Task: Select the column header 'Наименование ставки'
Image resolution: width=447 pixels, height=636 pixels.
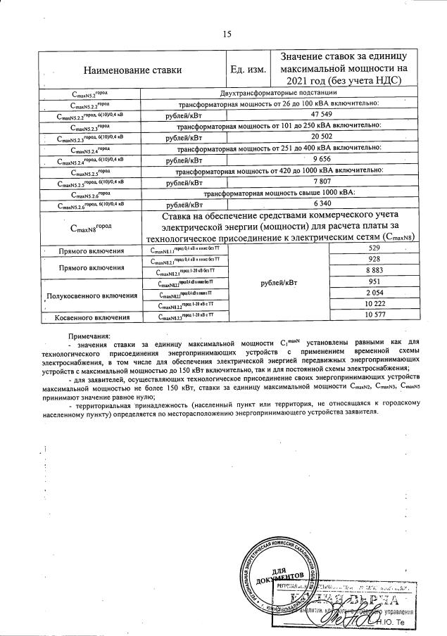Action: click(x=132, y=69)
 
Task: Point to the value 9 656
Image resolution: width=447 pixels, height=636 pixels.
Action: click(x=320, y=160)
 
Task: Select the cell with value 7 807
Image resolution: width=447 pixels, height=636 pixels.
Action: click(x=320, y=183)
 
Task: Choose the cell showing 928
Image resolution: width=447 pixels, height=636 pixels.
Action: click(x=374, y=260)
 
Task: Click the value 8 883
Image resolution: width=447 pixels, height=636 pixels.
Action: click(x=374, y=272)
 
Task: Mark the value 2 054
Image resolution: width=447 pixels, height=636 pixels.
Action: click(x=374, y=295)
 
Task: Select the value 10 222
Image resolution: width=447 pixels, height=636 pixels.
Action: click(x=374, y=306)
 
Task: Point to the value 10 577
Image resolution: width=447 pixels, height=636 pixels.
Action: click(x=374, y=317)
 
